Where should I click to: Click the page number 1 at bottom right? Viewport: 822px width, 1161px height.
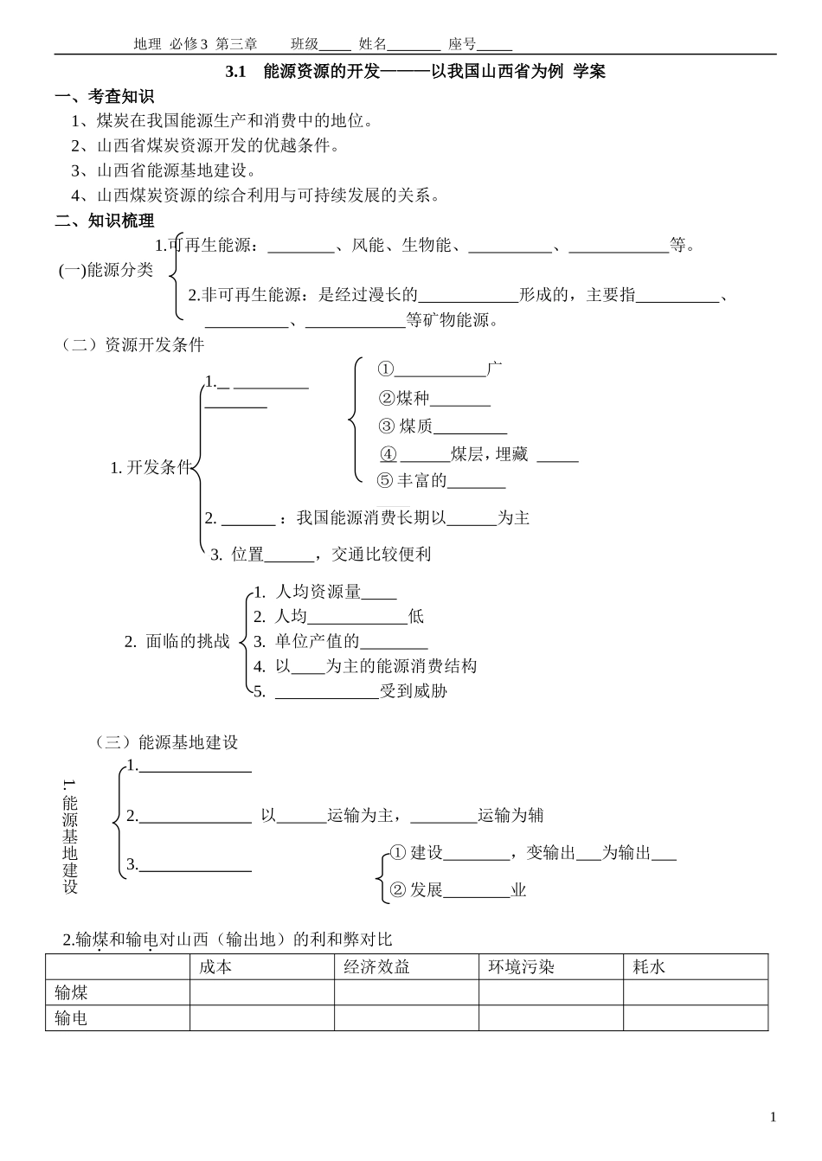[x=773, y=1117]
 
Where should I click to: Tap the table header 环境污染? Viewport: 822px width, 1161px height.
[x=521, y=967]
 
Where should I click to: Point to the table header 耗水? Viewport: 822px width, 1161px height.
[x=649, y=967]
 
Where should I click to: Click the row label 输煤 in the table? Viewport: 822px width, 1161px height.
[x=71, y=992]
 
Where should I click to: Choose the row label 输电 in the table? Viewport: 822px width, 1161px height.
[x=71, y=1018]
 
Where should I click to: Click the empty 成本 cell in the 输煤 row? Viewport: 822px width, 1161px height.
[x=261, y=992]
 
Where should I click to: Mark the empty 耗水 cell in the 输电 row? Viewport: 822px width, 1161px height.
[x=695, y=1018]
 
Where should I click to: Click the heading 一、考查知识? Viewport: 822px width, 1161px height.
[x=105, y=97]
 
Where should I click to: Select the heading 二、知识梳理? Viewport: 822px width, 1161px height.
[x=105, y=221]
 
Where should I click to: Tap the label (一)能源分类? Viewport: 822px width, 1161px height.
[x=106, y=270]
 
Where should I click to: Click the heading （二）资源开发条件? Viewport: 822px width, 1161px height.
[x=132, y=345]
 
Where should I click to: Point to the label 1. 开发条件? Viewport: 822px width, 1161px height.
[x=150, y=468]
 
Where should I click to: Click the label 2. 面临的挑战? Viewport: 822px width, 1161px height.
[x=177, y=641]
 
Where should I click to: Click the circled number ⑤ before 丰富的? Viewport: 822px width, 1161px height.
[x=385, y=480]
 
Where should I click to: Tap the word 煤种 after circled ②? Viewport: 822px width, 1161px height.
[x=414, y=398]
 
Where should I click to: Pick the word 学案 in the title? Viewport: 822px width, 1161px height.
[x=589, y=72]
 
